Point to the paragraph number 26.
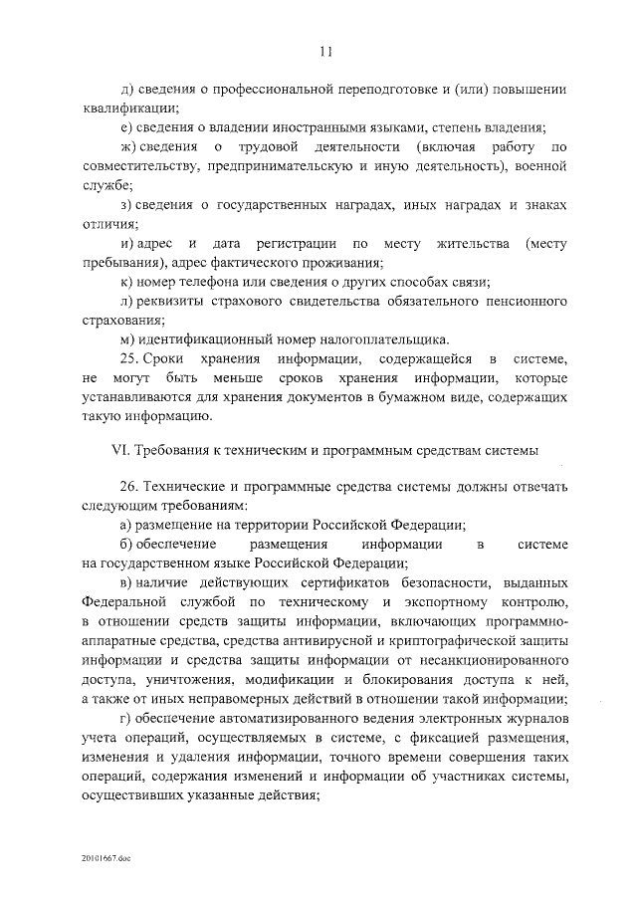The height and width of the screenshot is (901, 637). coord(127,487)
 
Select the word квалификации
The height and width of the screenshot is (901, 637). coord(129,108)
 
